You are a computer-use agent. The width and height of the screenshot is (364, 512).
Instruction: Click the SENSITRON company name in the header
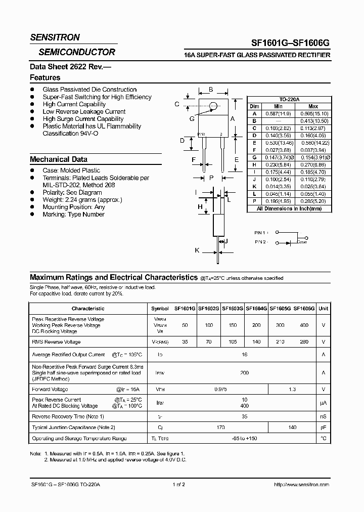pyautogui.click(x=55, y=37)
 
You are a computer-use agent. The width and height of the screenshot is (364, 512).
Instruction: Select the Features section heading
pyautogui.click(x=45, y=77)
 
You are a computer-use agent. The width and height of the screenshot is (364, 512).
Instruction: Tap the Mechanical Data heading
pyautogui.click(x=59, y=159)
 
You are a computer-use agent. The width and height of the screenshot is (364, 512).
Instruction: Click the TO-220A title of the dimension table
pyautogui.click(x=289, y=100)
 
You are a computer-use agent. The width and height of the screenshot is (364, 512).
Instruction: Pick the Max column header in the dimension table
pyautogui.click(x=313, y=107)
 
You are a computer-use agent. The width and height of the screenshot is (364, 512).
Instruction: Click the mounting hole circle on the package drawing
pyautogui.click(x=213, y=106)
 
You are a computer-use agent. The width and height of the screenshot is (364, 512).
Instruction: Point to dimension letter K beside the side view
pyautogui.click(x=197, y=250)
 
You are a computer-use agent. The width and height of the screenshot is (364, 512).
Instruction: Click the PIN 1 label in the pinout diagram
pyautogui.click(x=261, y=232)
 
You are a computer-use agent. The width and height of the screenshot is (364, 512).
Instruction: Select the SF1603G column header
pyautogui.click(x=233, y=308)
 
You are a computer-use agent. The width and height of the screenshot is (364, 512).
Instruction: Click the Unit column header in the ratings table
pyautogui.click(x=324, y=308)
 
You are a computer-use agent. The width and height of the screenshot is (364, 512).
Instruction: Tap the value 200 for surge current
pyautogui.click(x=245, y=372)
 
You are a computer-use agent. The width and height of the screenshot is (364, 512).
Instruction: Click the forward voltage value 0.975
pyautogui.click(x=221, y=389)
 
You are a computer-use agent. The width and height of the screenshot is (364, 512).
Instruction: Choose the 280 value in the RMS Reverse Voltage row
pyautogui.click(x=304, y=343)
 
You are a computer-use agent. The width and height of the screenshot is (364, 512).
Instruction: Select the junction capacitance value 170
pyautogui.click(x=220, y=428)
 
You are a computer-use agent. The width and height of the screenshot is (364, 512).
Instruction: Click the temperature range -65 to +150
pyautogui.click(x=245, y=438)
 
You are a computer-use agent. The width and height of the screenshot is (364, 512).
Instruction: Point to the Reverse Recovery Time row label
pyautogui.click(x=68, y=416)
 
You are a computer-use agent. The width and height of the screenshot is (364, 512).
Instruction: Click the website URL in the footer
pyautogui.click(x=301, y=484)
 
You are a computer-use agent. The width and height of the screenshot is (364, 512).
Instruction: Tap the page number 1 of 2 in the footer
pyautogui.click(x=178, y=484)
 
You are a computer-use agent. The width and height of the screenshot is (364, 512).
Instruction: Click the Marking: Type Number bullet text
pyautogui.click(x=73, y=215)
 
